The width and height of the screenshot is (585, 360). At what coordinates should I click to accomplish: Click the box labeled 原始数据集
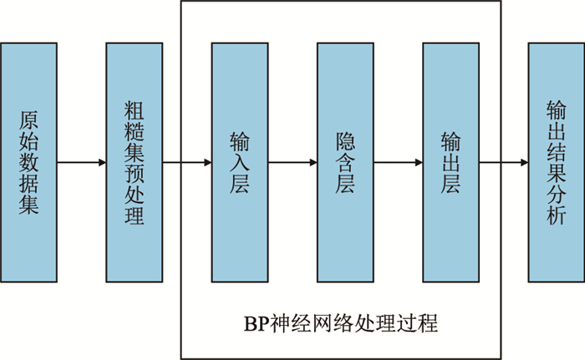(29, 163)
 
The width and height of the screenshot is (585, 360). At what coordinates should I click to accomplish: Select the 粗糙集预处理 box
(134, 163)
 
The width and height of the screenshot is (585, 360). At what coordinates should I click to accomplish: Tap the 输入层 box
(239, 163)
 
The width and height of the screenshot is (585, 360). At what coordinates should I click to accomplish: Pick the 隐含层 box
(345, 163)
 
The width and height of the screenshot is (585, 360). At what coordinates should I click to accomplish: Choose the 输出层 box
(450, 163)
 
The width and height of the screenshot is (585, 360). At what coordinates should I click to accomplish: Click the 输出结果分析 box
(556, 163)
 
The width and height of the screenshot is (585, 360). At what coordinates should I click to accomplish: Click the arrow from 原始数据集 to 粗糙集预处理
(81, 163)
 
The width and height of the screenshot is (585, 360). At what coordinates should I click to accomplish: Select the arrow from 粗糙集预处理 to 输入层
(186, 163)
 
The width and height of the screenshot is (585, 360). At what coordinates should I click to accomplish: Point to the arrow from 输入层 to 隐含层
(292, 163)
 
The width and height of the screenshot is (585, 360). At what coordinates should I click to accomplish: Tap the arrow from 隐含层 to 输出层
(398, 163)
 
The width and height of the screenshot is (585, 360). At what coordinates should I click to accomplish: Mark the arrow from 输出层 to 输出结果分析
(503, 163)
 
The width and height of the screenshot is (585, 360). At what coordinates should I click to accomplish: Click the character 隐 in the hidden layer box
(345, 139)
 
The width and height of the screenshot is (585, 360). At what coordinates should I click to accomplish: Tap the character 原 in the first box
(29, 118)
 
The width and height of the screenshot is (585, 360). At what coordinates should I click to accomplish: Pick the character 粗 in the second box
(134, 108)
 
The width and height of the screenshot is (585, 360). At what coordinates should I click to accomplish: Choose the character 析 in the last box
(555, 214)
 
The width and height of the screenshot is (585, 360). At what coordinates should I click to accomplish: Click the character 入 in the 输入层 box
(239, 162)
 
